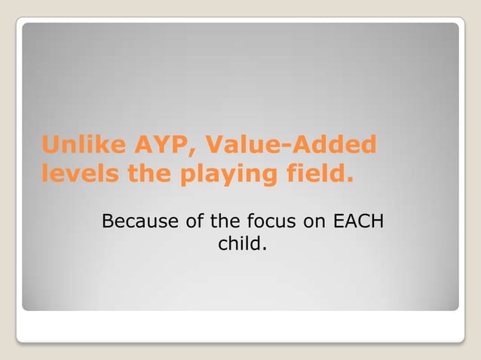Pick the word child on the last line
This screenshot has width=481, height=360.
coord(238,244)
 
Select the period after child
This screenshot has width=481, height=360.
coord(264,249)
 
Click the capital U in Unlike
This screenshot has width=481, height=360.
coord(49,145)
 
